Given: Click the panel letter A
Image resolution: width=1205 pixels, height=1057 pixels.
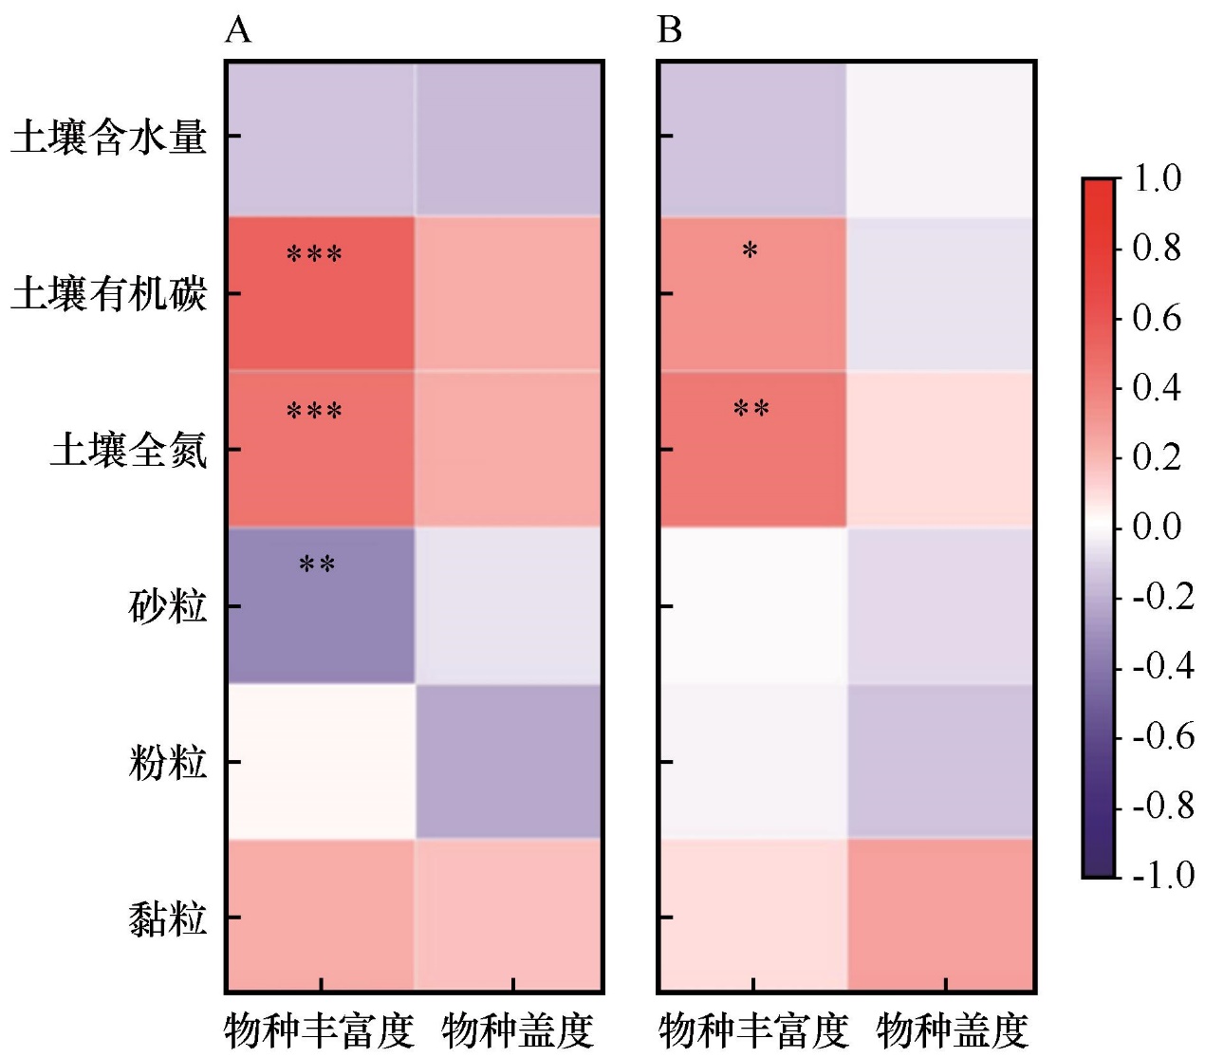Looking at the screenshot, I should click(238, 31).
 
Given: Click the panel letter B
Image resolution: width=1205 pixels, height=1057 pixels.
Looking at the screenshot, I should click(670, 31).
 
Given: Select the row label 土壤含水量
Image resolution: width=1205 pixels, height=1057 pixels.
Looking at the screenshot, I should click(109, 138).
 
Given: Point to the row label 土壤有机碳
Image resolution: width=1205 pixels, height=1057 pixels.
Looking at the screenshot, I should click(109, 294).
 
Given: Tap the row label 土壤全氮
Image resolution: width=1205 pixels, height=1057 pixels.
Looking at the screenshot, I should click(129, 450).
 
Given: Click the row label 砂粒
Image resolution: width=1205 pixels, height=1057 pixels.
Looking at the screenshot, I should click(167, 606).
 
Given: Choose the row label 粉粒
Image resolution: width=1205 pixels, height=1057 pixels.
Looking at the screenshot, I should click(167, 762).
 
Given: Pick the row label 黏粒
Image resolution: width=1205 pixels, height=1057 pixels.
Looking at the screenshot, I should click(167, 918).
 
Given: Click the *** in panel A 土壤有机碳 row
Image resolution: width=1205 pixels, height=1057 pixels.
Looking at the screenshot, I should click(314, 254).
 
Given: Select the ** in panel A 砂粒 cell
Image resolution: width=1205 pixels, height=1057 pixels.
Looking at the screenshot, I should click(317, 566).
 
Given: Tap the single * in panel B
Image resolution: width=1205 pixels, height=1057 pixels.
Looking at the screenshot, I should click(750, 251).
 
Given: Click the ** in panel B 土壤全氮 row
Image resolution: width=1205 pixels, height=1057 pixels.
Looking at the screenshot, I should click(751, 410).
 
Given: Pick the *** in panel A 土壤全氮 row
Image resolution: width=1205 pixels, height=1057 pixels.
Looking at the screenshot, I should click(314, 412).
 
